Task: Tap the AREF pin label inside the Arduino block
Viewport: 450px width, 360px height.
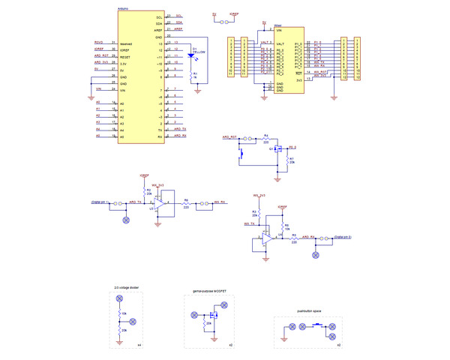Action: pos(158,29)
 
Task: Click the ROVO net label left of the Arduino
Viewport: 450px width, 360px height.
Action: pos(98,43)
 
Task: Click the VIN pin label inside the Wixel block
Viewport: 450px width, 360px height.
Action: pos(279,31)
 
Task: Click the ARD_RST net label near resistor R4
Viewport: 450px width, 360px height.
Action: pos(229,138)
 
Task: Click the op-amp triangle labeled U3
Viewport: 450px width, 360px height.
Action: pos(160,202)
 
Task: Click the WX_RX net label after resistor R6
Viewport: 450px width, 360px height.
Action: pos(219,202)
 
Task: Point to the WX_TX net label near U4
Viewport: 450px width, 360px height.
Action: pos(250,223)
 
